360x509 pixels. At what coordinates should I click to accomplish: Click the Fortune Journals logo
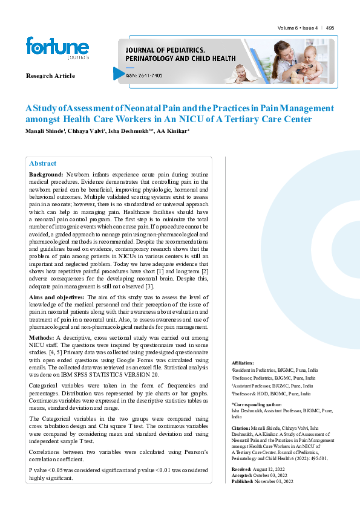tap(57, 48)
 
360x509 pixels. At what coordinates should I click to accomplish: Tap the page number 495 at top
tap(330, 28)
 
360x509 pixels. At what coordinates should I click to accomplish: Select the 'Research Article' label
tap(50, 76)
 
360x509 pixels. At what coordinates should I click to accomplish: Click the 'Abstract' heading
tap(42, 163)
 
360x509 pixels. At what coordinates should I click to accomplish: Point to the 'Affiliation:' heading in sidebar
tap(243, 362)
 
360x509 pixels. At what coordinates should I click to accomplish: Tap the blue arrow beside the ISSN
tap(119, 73)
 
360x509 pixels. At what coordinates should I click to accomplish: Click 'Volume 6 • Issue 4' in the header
tap(298, 28)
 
